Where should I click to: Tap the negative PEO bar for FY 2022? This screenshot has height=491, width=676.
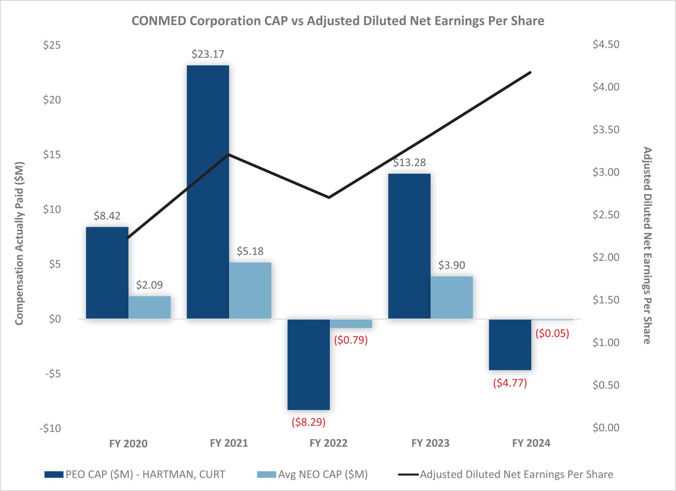click(308, 364)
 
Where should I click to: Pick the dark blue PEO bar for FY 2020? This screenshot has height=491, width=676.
click(107, 272)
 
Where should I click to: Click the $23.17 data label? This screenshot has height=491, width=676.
click(208, 54)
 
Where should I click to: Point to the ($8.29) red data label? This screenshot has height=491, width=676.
click(308, 422)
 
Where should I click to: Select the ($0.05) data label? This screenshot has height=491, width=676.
click(552, 333)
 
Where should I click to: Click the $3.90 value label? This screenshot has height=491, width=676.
click(451, 265)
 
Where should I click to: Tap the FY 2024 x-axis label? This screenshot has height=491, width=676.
click(531, 443)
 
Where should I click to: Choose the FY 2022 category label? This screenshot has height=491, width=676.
click(329, 443)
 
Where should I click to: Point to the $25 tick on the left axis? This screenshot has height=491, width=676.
click(52, 45)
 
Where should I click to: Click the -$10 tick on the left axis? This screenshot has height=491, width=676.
click(50, 428)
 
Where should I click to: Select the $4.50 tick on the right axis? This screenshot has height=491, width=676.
click(606, 44)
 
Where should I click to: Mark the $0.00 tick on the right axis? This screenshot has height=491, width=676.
click(606, 427)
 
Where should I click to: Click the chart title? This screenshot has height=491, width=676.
click(338, 21)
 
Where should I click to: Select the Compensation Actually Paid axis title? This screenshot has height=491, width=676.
click(19, 243)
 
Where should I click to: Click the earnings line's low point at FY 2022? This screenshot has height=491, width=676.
click(329, 197)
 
